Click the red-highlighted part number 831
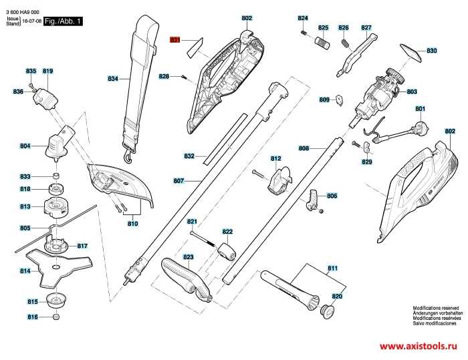point(175,39)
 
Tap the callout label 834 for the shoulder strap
point(113,79)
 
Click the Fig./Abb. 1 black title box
point(63,21)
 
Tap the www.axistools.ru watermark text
point(418,346)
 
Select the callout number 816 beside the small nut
point(33,317)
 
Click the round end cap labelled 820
point(327,312)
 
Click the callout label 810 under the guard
point(133,224)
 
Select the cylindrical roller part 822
point(227,251)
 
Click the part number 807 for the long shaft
point(179,181)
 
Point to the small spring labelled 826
point(346,43)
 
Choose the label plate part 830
point(411,53)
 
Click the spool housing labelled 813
point(55,206)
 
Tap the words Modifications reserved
point(436,308)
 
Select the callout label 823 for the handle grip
point(189,256)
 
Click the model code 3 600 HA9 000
point(22,12)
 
